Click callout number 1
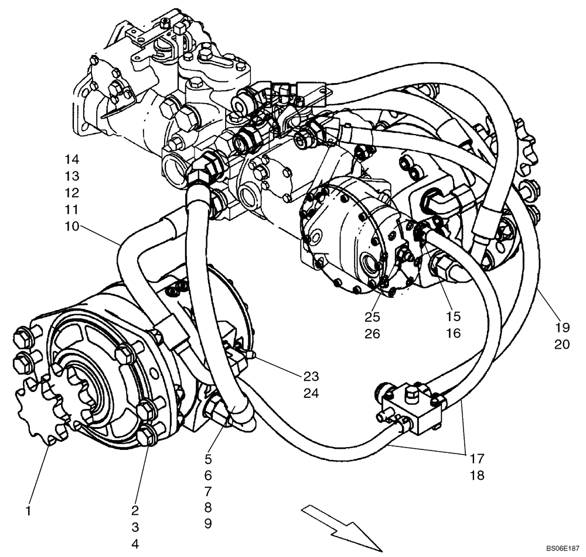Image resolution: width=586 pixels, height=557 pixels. pyautogui.click(x=27, y=511)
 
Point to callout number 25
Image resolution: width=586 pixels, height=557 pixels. pyautogui.click(x=372, y=317)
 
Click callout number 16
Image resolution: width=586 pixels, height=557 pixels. pyautogui.click(x=453, y=333)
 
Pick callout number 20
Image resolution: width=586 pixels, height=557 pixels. pyautogui.click(x=561, y=345)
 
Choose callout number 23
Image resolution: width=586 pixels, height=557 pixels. pyautogui.click(x=311, y=376)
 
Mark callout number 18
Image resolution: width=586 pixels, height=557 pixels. pyautogui.click(x=477, y=475)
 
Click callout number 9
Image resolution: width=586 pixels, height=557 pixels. pyautogui.click(x=208, y=524)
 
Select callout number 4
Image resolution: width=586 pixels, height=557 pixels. pyautogui.click(x=135, y=544)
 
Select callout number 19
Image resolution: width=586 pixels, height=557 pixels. pyautogui.click(x=561, y=328)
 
